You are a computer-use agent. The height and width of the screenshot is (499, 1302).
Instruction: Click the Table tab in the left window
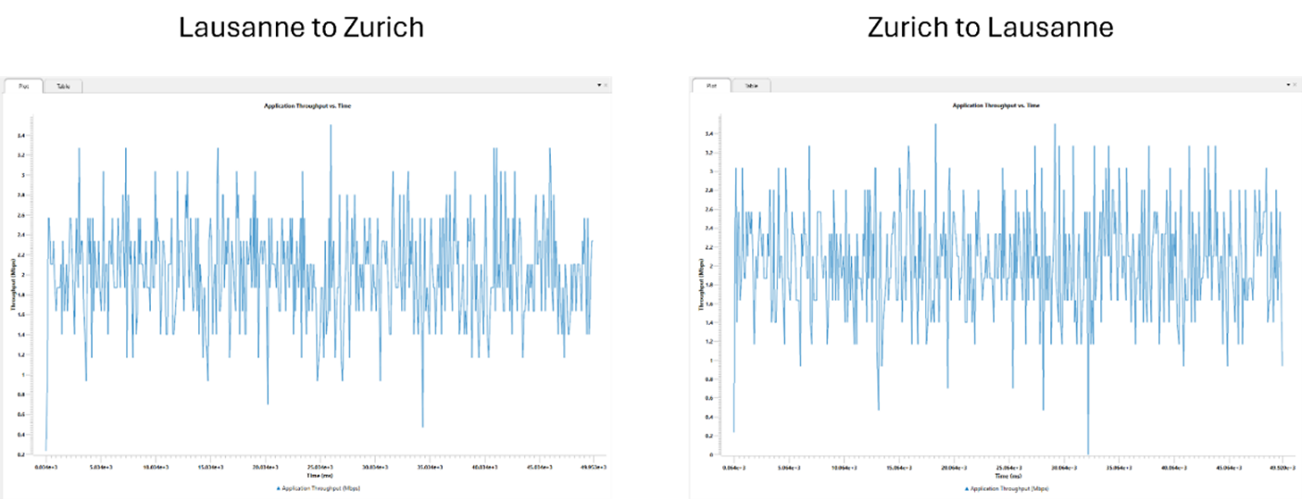pos(63,86)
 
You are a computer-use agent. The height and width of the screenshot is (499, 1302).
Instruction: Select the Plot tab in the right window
pos(711,85)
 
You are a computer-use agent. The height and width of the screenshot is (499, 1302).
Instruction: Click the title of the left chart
pos(307,106)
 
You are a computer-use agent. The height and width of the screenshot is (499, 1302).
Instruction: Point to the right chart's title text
pos(996,106)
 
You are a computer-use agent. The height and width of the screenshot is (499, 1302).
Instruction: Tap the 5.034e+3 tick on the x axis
pos(102,468)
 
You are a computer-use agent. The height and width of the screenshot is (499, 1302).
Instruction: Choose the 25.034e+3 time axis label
pos(320,468)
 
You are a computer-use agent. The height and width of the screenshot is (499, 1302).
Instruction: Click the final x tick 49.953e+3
pos(593,468)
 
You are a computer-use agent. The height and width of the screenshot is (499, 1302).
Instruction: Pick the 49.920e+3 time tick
pos(1282,468)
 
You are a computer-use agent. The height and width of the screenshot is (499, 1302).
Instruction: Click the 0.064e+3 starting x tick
pos(734,468)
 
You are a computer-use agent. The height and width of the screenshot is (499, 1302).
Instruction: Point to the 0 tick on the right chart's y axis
pos(709,455)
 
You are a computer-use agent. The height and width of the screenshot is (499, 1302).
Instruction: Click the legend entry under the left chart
pos(307,487)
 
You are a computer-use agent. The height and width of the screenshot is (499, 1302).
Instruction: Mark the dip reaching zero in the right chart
pos(1088,453)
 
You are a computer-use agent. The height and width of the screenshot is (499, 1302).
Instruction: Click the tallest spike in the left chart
pos(331,126)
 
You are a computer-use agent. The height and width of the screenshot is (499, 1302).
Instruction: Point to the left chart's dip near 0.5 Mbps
pos(422,426)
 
